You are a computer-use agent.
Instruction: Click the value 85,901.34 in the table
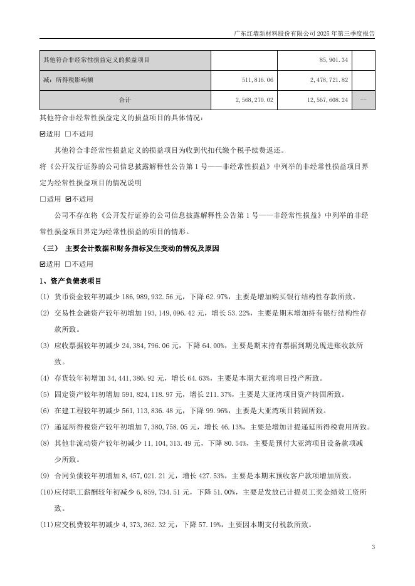coord(333,60)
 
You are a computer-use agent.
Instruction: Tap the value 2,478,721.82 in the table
coord(324,80)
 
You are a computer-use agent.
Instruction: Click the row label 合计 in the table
coord(125,100)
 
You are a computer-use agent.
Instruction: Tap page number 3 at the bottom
coord(373,548)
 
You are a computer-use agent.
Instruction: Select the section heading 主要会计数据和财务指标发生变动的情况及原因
coord(142,248)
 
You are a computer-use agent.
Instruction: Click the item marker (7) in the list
coord(45,427)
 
